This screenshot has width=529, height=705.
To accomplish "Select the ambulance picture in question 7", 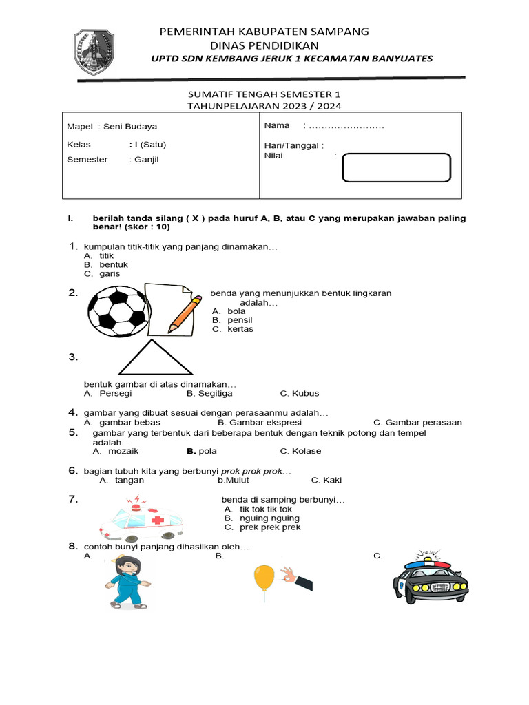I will coord(141,519).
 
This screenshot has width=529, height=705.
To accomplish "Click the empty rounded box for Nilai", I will coord(396,168).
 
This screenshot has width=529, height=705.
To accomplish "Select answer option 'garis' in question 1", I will coord(110,273).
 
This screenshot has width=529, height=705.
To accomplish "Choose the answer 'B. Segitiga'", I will coord(209,394).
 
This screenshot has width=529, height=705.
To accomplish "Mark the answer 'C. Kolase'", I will coord(300,452).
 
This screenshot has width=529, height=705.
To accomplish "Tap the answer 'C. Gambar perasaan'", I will coord(417,423).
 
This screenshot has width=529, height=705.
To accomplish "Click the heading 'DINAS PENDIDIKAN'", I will coord(264,45).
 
